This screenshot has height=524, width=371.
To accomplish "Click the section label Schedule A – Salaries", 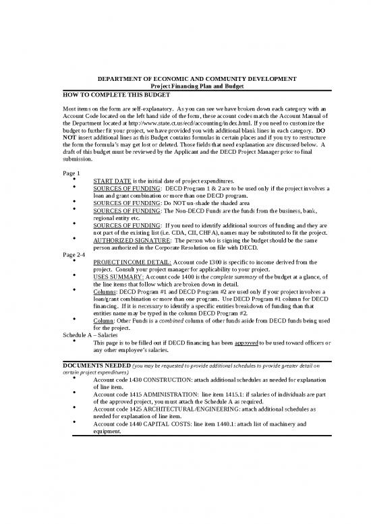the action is [x=90, y=335].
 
